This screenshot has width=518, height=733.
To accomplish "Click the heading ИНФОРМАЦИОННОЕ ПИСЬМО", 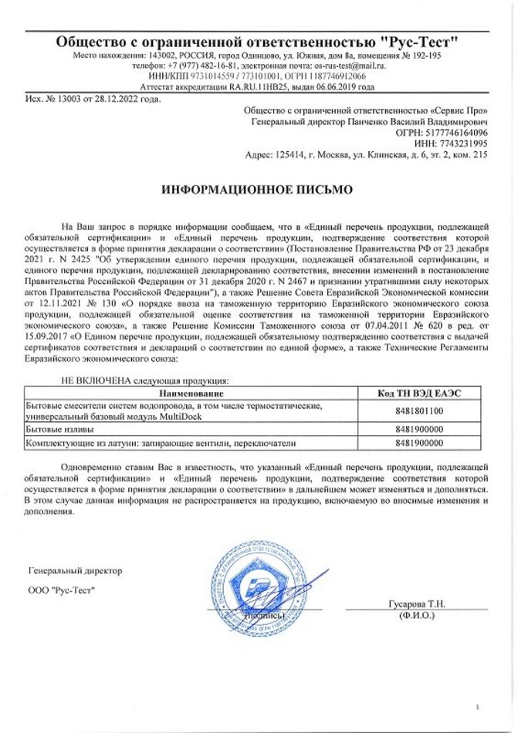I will pos(256,188).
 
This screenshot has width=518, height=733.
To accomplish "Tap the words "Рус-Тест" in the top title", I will pos(421,42).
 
